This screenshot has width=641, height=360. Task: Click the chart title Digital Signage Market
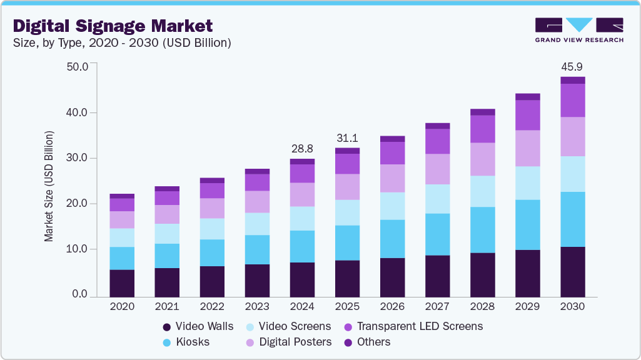(x=113, y=26)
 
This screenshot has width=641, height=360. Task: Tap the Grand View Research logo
(x=579, y=29)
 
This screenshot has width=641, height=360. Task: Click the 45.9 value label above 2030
(x=572, y=66)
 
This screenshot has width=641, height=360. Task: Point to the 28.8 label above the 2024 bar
(x=302, y=149)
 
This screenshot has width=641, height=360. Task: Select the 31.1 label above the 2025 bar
(x=347, y=137)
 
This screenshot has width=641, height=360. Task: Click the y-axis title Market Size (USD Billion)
(x=49, y=186)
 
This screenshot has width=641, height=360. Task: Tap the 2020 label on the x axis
(x=122, y=307)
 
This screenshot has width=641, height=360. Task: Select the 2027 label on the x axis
(x=437, y=307)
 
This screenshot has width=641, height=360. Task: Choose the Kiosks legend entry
(x=186, y=342)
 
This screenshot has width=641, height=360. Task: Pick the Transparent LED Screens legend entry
(x=413, y=326)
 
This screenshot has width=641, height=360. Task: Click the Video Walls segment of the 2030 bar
(x=572, y=272)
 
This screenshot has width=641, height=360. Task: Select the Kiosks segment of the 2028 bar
(x=482, y=229)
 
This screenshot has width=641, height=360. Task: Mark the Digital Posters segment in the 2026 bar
(x=392, y=178)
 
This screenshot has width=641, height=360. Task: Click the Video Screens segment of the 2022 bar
(x=212, y=229)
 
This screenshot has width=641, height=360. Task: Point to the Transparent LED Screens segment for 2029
(x=527, y=115)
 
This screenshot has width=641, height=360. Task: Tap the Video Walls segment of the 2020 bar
(x=122, y=283)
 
